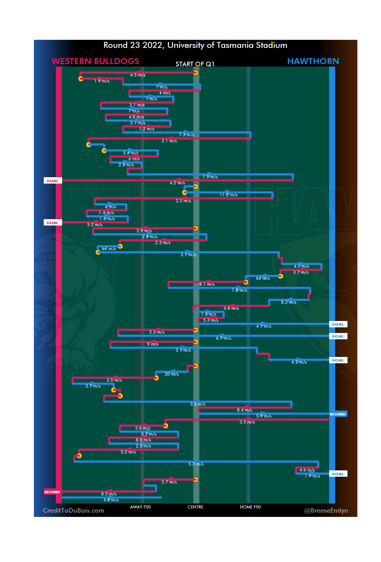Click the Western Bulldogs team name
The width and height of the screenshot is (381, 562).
tap(95, 61)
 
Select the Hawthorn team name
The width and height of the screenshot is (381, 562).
tap(313, 61)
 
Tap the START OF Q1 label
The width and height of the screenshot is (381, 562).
tap(195, 64)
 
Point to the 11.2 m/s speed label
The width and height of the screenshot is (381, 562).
tap(229, 195)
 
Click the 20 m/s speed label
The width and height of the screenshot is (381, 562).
tap(171, 374)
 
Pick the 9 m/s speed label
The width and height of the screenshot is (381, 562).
tap(153, 344)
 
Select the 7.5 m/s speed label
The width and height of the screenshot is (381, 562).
tap(210, 177)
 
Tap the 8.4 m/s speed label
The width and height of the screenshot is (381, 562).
tap(244, 410)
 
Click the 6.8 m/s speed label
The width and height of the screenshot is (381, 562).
tap(231, 308)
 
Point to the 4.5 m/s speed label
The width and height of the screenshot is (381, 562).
tap(138, 75)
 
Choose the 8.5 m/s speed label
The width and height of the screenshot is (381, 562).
tap(109, 494)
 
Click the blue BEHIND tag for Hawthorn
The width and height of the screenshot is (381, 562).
tap(338, 414)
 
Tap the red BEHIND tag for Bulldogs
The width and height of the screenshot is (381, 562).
tap(52, 492)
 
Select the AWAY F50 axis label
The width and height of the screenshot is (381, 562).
tap(140, 507)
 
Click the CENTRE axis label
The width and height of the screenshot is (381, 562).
tap(195, 507)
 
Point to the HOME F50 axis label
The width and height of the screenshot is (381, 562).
tap(250, 507)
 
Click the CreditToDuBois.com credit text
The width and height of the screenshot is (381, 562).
tap(73, 511)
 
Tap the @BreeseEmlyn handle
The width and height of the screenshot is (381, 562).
tap(326, 511)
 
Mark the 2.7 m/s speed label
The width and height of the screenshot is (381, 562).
tap(169, 482)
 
